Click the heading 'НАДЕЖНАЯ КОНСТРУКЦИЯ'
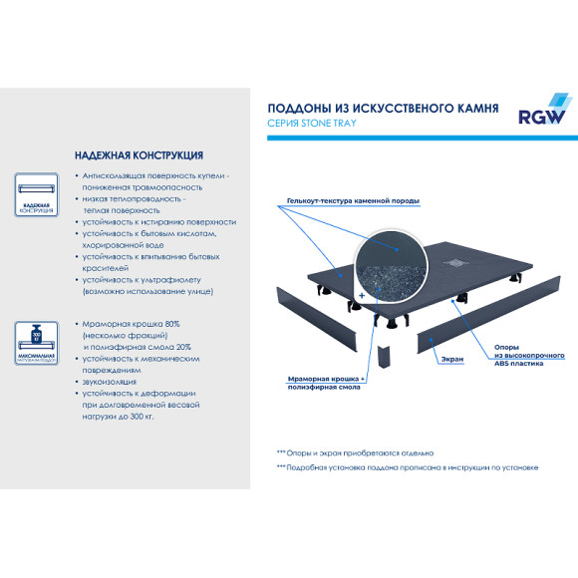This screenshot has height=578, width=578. tap(139, 155)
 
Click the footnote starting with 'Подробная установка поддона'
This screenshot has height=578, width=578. tap(409, 467)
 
